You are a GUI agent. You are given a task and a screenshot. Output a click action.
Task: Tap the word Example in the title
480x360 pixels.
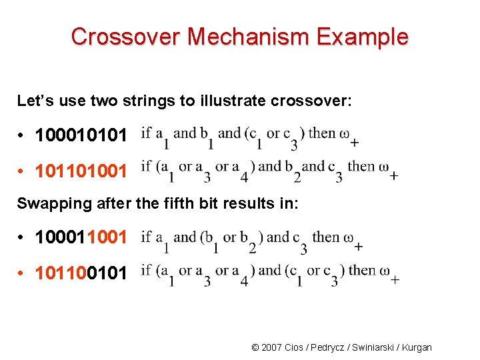tap(363, 37)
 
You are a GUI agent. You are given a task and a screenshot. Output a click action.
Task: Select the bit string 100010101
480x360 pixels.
tap(81, 135)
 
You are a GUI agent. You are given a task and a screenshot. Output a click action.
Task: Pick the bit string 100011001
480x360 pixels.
tap(81, 238)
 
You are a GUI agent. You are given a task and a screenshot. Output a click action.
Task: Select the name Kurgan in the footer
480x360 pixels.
tap(414, 347)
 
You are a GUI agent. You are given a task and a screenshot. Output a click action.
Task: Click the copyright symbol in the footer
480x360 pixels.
tap(255, 347)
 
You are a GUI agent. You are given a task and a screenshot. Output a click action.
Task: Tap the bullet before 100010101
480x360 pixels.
tap(22, 136)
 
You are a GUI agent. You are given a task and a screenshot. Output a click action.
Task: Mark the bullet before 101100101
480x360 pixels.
tap(22, 273)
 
